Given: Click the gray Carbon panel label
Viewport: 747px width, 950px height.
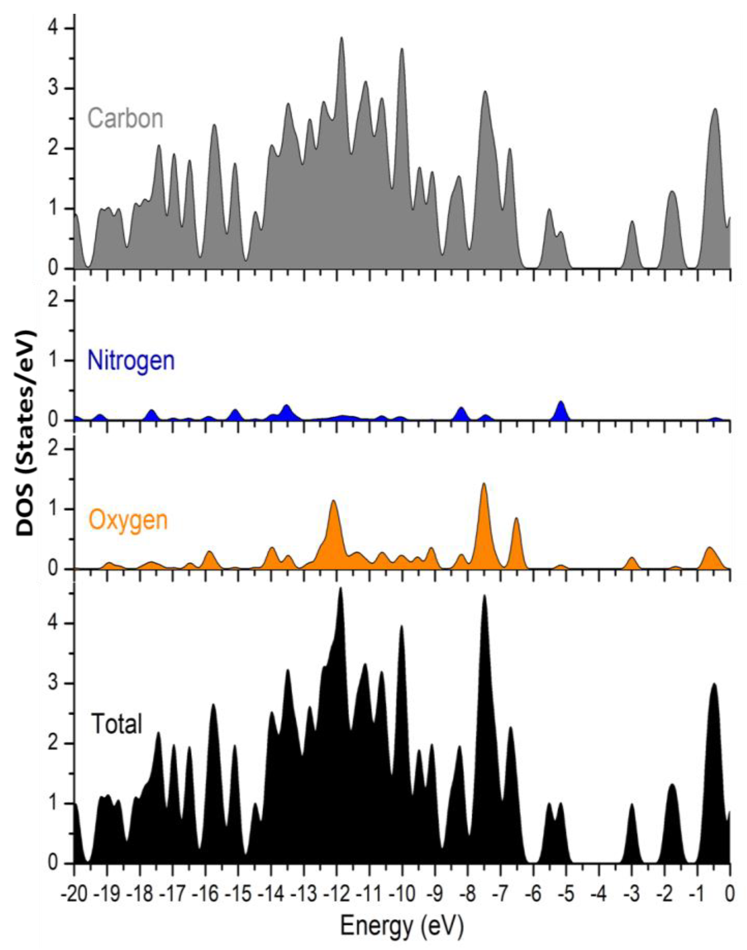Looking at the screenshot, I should click(125, 118).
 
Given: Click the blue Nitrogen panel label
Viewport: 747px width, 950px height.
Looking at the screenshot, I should click(131, 361).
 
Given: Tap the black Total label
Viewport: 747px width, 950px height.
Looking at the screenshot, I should click(116, 724).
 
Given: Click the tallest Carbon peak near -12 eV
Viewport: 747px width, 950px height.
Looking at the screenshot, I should click(341, 40).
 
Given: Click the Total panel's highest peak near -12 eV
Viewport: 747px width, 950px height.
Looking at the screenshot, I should click(341, 591).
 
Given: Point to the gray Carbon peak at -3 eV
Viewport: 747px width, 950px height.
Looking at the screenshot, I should click(632, 224).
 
